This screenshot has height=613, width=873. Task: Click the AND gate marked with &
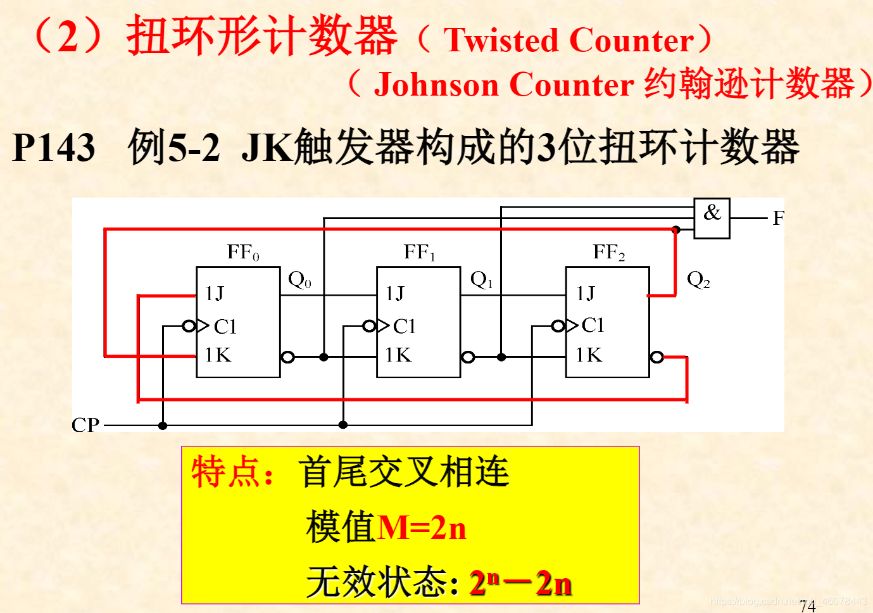(712, 218)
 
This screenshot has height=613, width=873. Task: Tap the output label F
(778, 218)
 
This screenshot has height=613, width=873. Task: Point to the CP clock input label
(85, 425)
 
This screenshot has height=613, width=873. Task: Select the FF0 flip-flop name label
(243, 253)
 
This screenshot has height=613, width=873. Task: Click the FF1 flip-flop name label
(419, 253)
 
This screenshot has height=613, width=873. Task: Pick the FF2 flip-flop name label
(608, 253)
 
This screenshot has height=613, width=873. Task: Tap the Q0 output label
(299, 279)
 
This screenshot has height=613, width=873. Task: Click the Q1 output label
(481, 279)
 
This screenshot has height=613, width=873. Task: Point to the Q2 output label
(698, 279)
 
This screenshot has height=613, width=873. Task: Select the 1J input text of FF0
(214, 293)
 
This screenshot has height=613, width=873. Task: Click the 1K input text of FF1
(398, 355)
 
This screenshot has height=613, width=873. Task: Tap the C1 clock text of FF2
(593, 325)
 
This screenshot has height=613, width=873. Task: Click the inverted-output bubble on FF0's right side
(288, 357)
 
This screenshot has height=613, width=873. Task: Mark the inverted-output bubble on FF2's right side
(657, 357)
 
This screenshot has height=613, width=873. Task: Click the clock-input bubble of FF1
(369, 326)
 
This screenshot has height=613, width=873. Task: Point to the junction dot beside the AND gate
(675, 230)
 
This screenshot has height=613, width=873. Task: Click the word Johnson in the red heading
(436, 85)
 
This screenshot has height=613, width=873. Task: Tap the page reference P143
(54, 148)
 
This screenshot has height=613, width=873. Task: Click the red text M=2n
(422, 528)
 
